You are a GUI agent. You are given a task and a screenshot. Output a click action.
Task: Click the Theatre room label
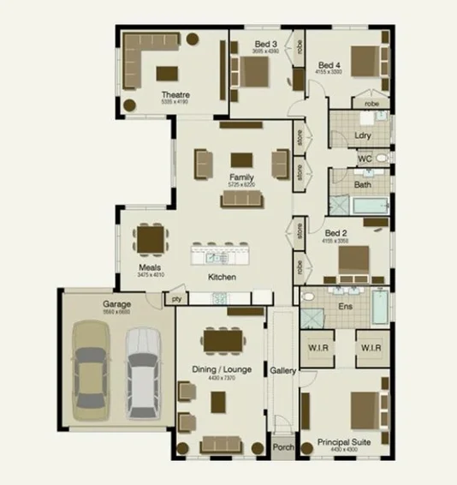tap(175, 94)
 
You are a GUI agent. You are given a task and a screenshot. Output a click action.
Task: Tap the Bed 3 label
tap(265, 44)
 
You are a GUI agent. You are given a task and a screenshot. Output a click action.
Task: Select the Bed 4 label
tap(329, 65)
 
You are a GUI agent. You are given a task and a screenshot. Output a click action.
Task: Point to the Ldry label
tap(362, 136)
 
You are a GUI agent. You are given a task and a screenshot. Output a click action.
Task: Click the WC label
tap(364, 159)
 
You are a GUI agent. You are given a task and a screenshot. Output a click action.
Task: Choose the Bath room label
tap(362, 184)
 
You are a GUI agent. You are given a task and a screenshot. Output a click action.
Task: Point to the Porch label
tap(282, 447)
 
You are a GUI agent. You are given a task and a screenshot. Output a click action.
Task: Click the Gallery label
tap(282, 371)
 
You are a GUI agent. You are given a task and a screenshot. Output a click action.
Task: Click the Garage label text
tap(116, 304)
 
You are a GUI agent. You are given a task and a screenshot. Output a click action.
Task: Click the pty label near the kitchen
tap(176, 299)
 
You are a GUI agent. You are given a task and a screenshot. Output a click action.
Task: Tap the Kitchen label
tap(222, 278)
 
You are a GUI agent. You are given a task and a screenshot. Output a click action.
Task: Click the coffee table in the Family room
tap(242, 160)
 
